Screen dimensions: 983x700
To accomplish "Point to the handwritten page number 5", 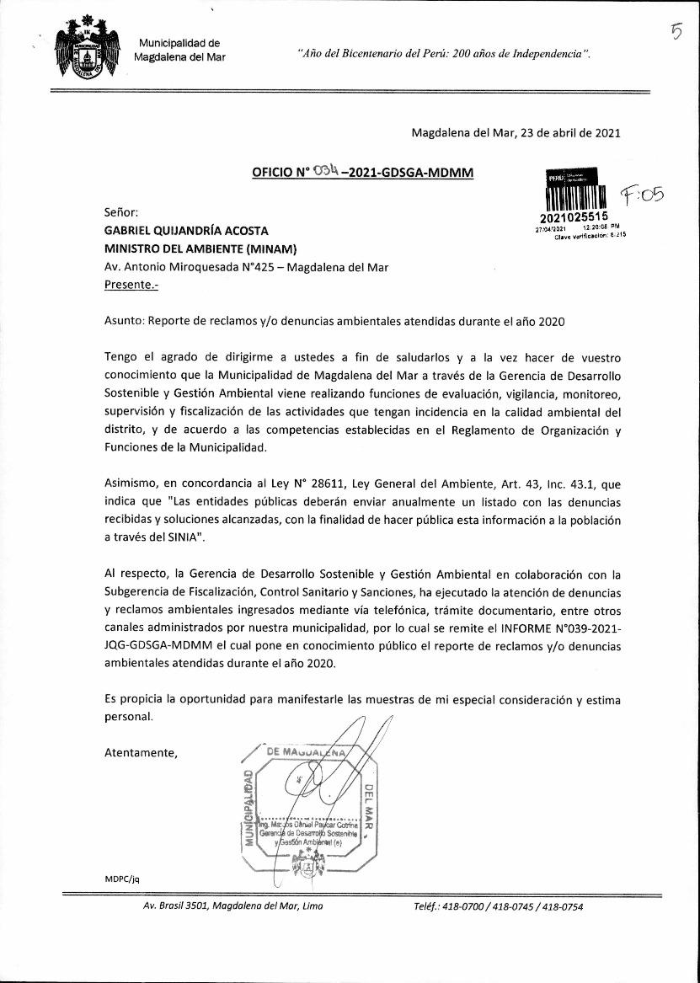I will [x=676, y=31].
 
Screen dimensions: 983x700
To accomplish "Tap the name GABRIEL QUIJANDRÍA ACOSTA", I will [x=186, y=230].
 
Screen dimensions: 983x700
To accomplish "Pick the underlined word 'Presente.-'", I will [x=131, y=286].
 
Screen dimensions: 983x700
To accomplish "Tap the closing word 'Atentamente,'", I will [x=141, y=753].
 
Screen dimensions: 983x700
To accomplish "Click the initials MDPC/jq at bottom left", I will [x=121, y=878].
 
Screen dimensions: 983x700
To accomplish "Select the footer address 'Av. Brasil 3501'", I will [x=183, y=907].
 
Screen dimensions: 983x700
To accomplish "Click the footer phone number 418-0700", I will [x=457, y=907].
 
